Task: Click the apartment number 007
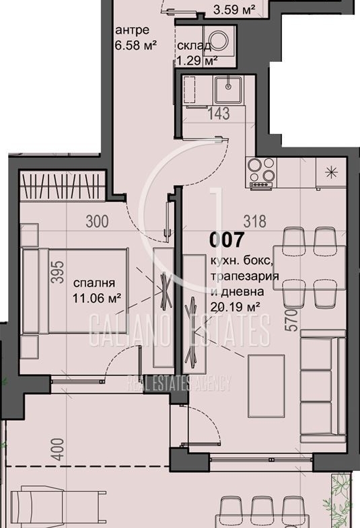[226, 239]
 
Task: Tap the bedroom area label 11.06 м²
[97, 298]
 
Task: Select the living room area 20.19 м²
[235, 307]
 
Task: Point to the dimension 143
[219, 114]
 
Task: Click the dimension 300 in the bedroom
[97, 221]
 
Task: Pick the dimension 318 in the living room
[255, 221]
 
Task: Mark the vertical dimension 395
[59, 272]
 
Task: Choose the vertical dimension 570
[293, 320]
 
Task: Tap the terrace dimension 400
[59, 449]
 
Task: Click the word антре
[132, 30]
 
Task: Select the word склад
[194, 46]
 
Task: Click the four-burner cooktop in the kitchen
[261, 172]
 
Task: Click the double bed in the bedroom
[75, 291]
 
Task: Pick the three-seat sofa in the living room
[323, 386]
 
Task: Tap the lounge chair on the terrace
[57, 506]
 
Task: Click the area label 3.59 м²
[234, 9]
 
